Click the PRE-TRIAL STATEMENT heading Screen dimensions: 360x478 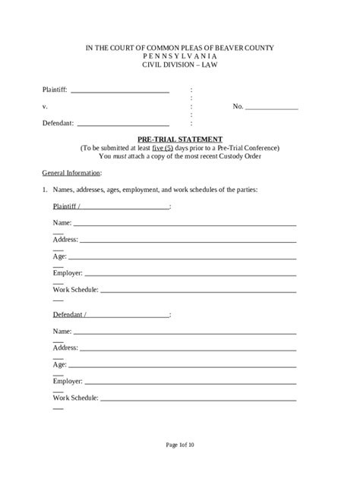179,139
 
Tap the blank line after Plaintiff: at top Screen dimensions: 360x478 119,91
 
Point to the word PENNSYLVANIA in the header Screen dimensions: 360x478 179,56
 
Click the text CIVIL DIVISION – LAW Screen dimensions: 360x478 179,64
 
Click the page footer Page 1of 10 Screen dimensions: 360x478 179,445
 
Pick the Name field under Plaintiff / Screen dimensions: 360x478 185,225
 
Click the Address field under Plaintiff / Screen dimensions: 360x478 188,241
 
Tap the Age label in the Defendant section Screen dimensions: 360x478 60,365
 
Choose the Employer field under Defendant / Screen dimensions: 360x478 190,382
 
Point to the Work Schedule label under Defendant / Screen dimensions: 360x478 75,398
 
